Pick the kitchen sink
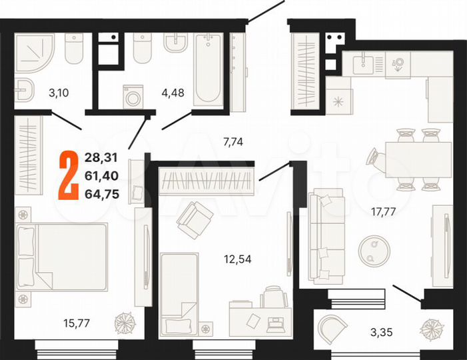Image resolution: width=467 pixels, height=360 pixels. click(365, 65)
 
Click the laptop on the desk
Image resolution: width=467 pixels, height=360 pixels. click(274, 326)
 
